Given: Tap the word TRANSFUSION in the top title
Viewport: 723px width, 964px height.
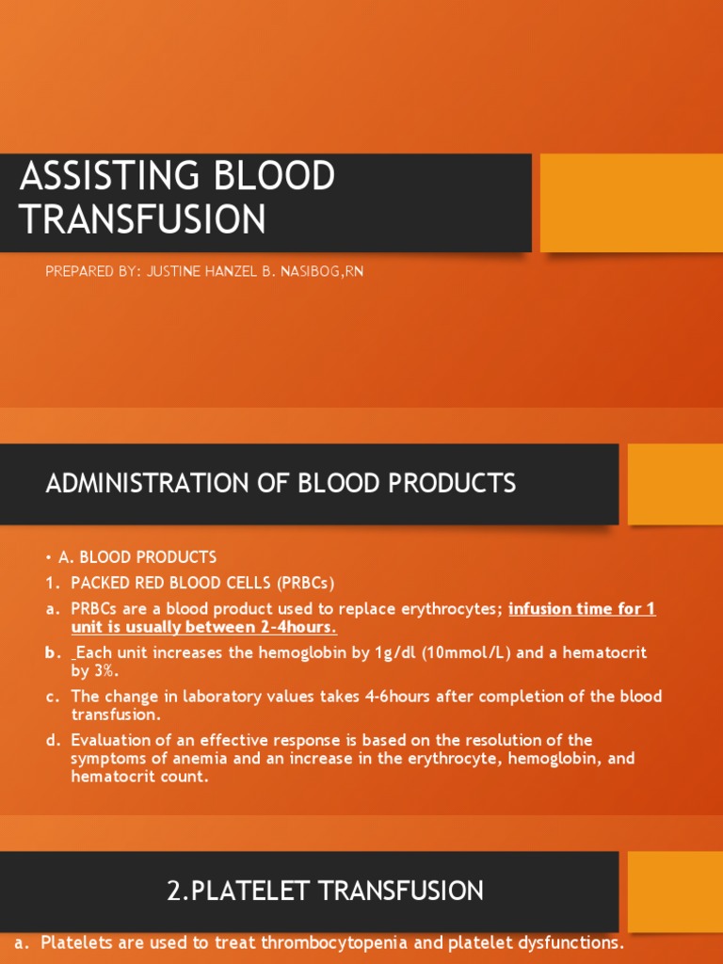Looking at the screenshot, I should [142, 219].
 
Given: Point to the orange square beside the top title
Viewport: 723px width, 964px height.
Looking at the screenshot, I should [631, 202].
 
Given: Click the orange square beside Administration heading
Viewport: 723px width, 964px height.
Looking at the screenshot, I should [675, 484].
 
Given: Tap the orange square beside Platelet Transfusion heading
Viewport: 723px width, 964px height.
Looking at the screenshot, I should [675, 891].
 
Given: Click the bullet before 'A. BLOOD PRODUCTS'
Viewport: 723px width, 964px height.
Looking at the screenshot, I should [49, 557].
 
